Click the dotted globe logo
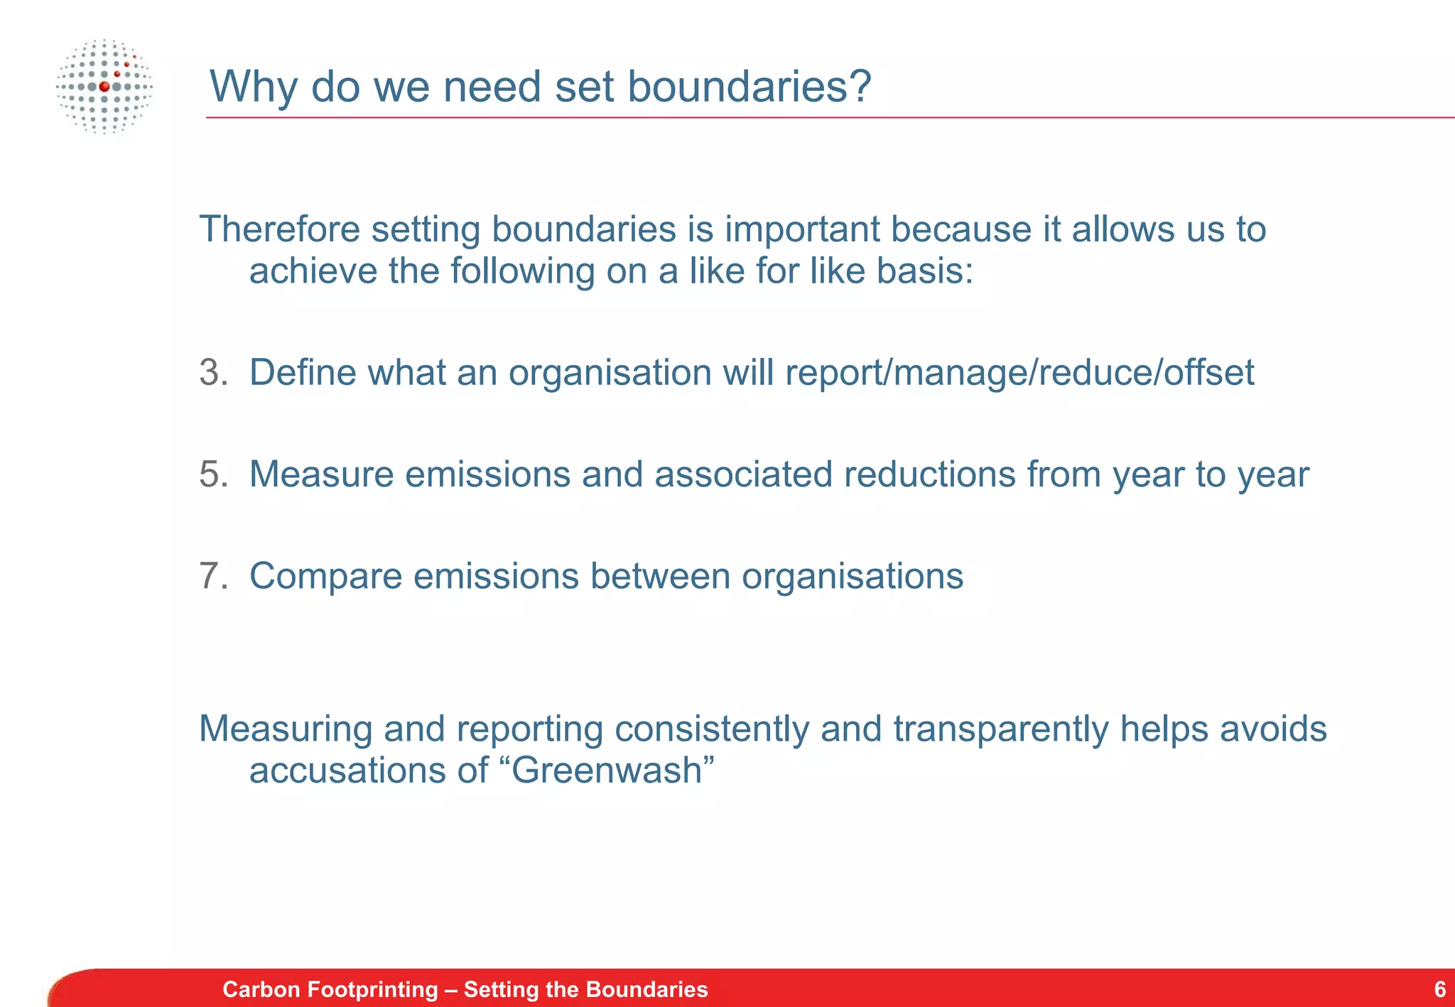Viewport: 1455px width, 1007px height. [x=104, y=87]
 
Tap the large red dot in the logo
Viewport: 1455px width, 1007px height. [x=104, y=87]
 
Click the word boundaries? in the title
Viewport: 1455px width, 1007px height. [x=749, y=87]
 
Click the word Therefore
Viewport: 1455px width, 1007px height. [x=280, y=229]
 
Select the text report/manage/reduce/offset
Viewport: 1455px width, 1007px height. [x=1019, y=374]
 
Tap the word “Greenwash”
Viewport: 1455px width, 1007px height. [x=612, y=770]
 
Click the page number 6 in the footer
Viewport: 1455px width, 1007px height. [x=1439, y=989]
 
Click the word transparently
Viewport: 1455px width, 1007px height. [x=1000, y=729]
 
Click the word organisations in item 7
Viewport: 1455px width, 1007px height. [x=853, y=577]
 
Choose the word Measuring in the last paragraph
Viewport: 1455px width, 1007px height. [x=286, y=729]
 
